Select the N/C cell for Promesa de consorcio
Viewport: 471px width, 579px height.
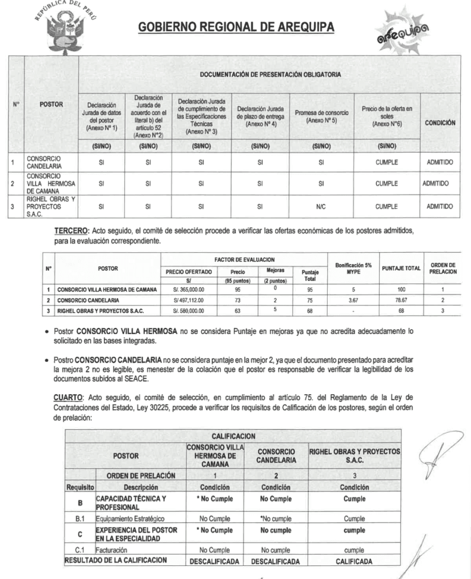(321, 206)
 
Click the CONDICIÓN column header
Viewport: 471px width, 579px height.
(440, 123)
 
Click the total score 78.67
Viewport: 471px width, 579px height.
(401, 300)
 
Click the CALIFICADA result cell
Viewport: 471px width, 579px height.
(354, 561)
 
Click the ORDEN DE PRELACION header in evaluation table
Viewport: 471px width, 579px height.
(443, 268)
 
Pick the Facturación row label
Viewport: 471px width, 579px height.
(111, 550)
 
